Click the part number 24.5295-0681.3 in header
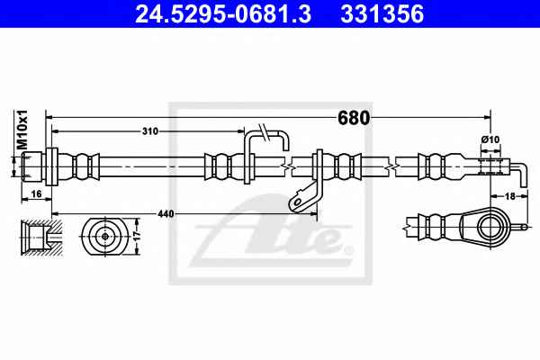223,13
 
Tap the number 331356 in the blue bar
382,13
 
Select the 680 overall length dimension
354,118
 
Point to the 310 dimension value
150,131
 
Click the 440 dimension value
166,214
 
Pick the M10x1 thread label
22,130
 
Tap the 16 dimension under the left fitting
36,194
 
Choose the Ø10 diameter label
490,139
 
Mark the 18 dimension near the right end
509,196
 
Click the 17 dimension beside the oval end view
137,236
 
